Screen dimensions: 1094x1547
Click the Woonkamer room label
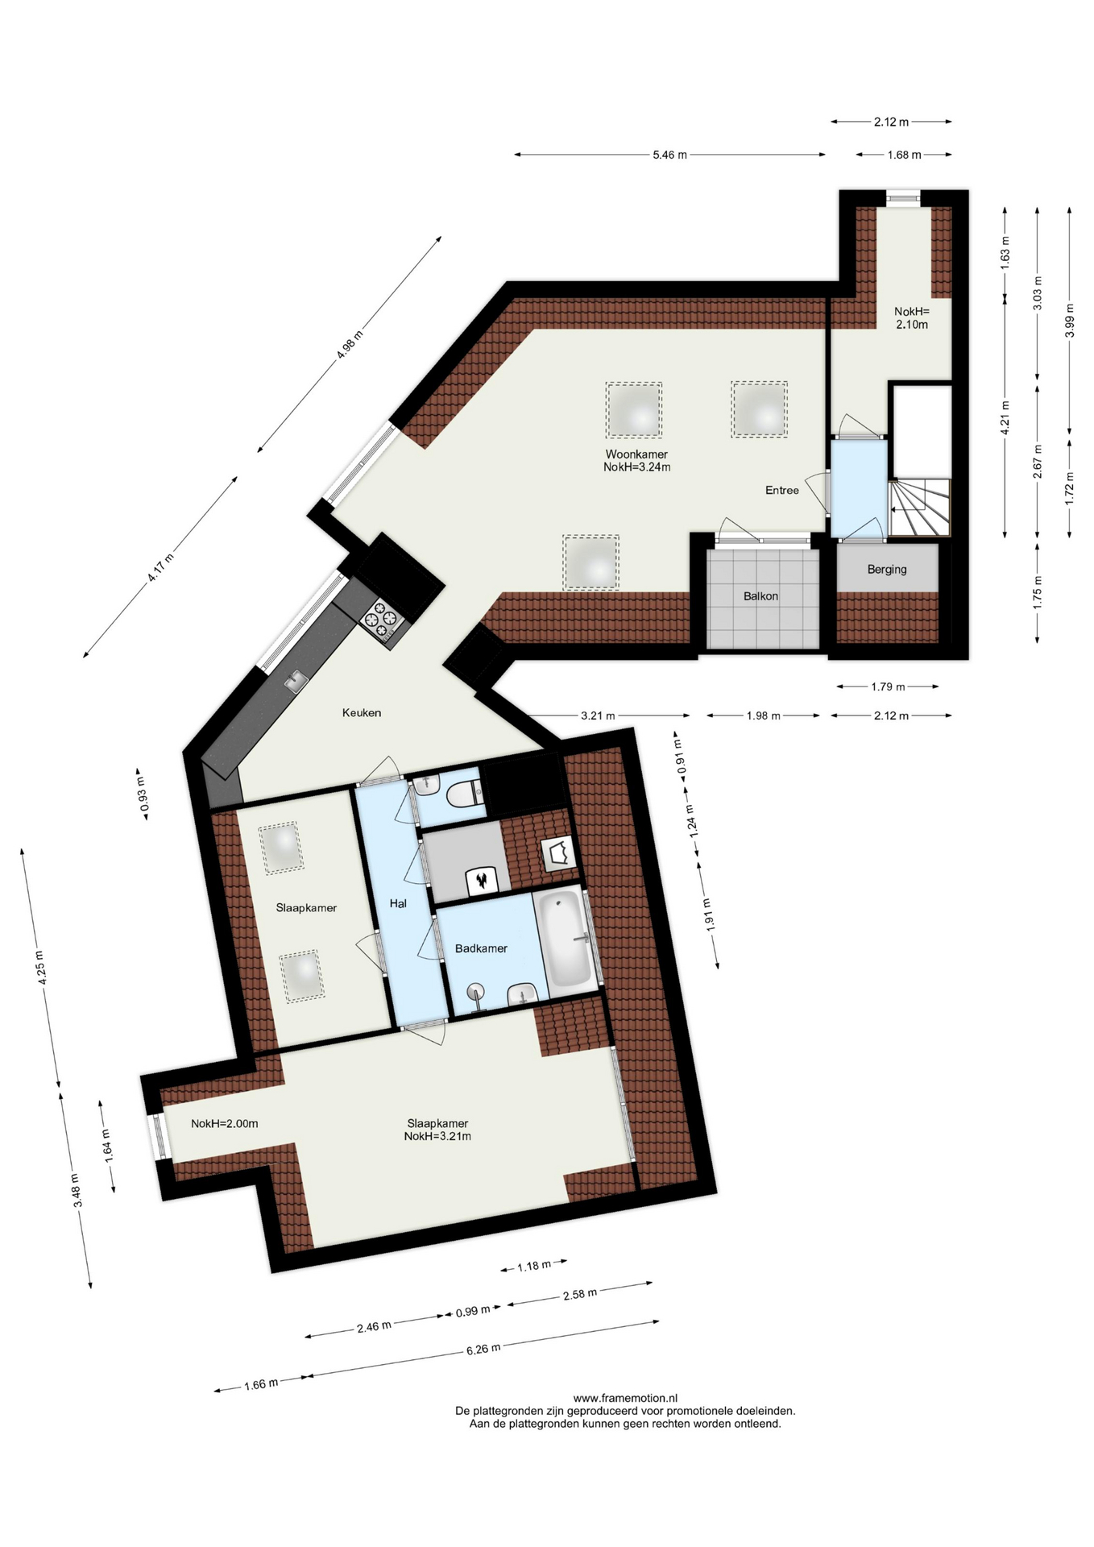tap(636, 454)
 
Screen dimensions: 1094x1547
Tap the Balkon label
tap(760, 596)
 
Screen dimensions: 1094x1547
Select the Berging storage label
tap(887, 570)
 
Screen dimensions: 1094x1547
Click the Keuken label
tap(362, 712)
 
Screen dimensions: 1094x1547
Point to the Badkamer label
tap(481, 948)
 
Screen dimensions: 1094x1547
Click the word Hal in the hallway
tap(398, 903)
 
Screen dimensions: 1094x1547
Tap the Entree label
tap(782, 490)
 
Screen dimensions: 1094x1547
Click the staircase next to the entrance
tap(920, 507)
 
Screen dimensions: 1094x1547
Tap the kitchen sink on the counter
tap(296, 681)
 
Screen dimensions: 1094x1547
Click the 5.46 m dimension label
tap(670, 155)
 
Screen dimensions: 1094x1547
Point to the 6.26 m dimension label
tap(483, 1349)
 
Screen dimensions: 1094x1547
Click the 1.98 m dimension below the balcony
tap(763, 715)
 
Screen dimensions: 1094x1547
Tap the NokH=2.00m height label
tap(225, 1123)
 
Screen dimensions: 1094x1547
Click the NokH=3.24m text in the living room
tap(636, 467)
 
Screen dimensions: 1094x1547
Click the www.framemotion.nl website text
tap(625, 1398)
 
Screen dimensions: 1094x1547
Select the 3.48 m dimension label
tap(77, 1190)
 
